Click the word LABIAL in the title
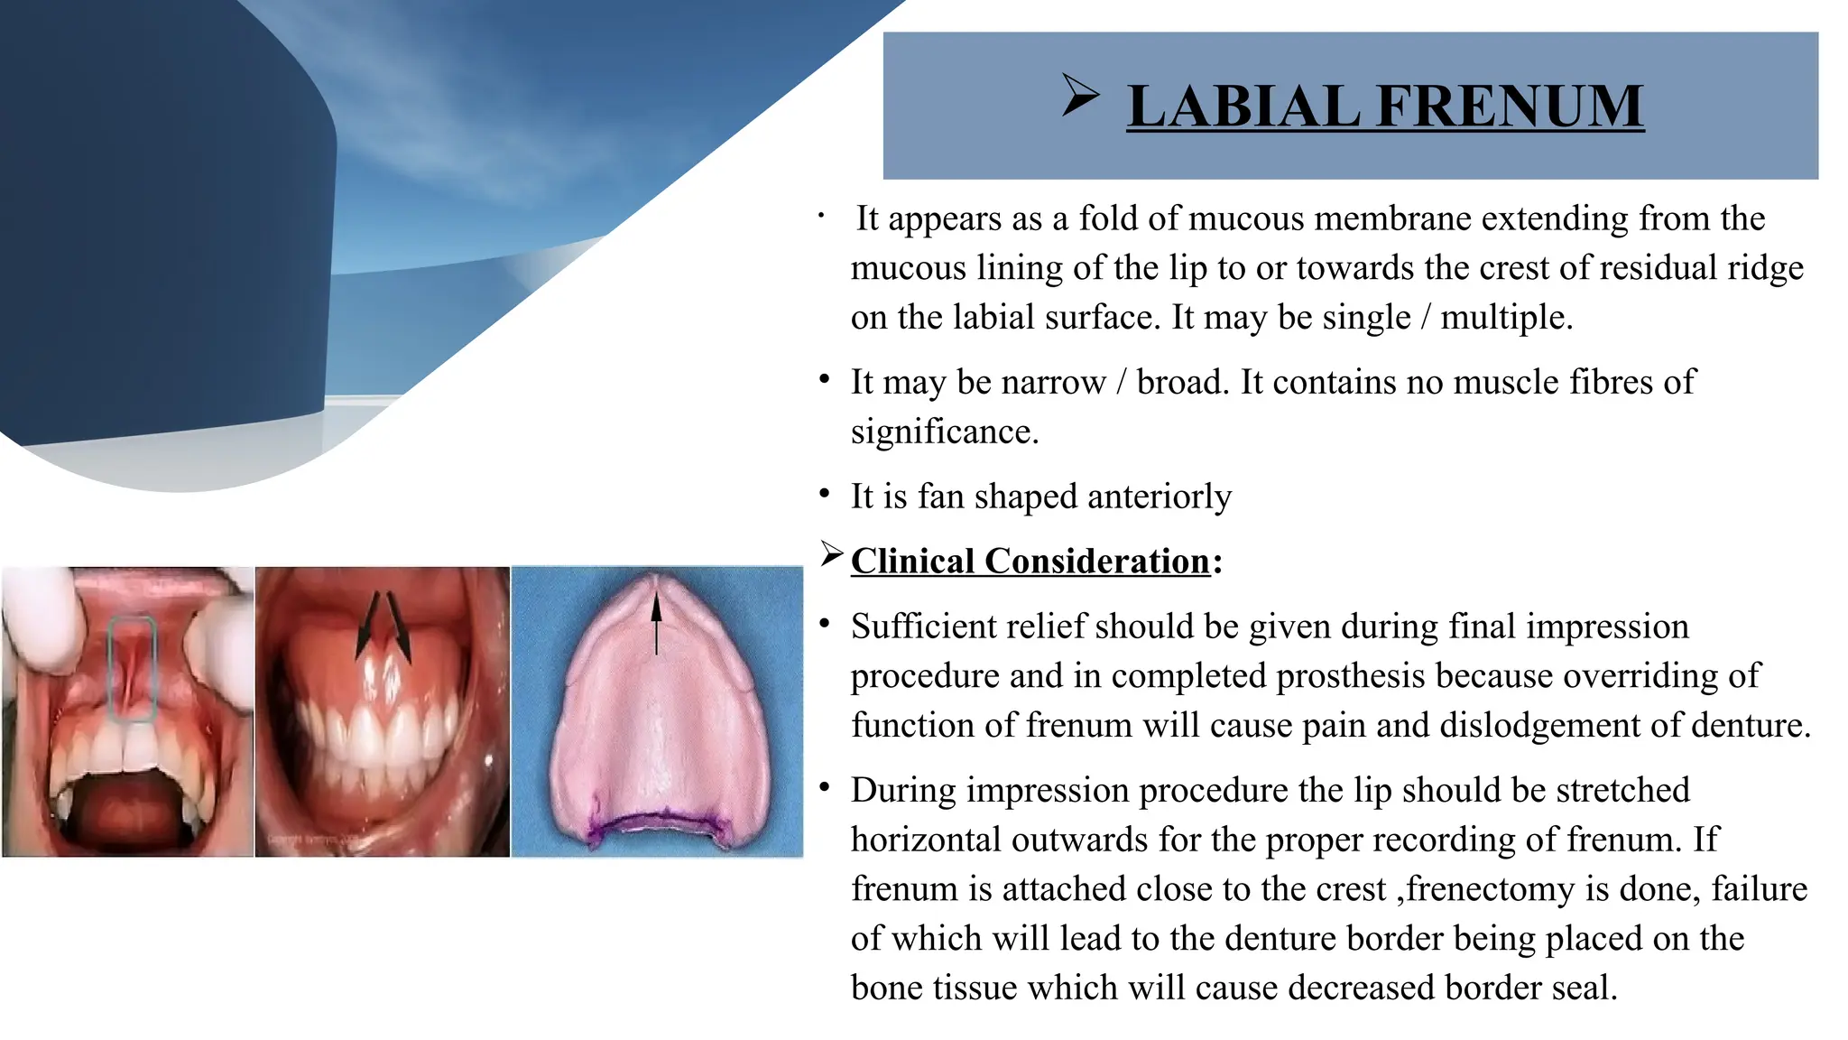pos(1243,107)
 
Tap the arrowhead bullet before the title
pos(1080,95)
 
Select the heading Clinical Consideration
pos(1030,562)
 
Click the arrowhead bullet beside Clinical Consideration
pos(831,553)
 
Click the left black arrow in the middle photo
pos(366,623)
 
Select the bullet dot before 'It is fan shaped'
pos(824,494)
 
